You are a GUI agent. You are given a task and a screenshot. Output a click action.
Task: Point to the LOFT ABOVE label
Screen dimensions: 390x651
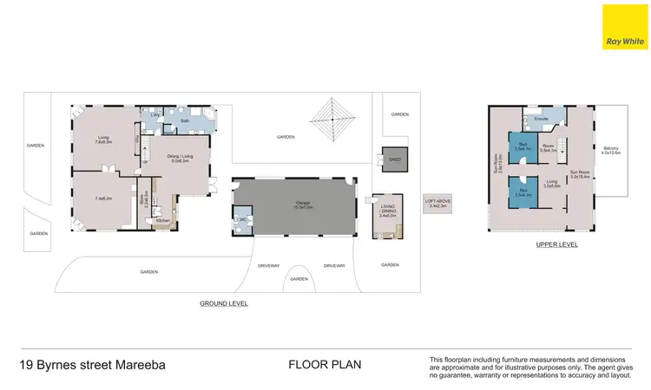click(437, 203)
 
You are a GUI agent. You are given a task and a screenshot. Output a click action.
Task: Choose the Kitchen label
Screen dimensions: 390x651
click(163, 221)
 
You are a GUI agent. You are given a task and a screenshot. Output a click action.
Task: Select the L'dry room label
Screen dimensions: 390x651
click(156, 114)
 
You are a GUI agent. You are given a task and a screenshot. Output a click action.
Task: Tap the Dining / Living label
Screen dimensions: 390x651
click(181, 159)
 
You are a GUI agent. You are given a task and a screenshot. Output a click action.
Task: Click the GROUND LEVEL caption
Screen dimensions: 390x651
click(224, 304)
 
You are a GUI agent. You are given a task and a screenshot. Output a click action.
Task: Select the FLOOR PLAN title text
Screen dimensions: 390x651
click(319, 365)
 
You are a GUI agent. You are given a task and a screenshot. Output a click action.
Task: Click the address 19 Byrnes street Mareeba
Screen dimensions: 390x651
click(93, 365)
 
